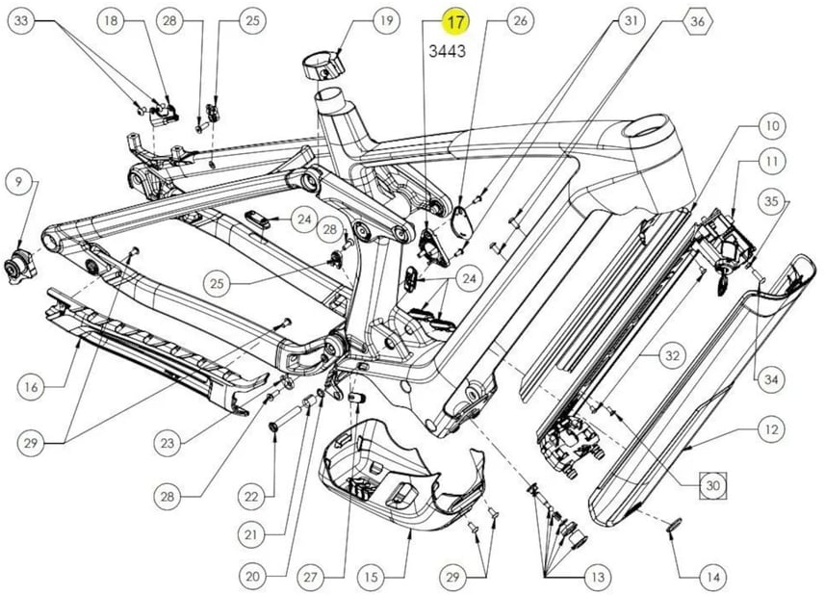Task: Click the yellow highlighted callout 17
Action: (x=455, y=22)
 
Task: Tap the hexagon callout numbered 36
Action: (x=698, y=21)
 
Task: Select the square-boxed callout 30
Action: (x=712, y=485)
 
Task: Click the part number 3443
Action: (x=448, y=51)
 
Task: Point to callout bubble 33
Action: (x=21, y=21)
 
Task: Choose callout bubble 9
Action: (x=19, y=182)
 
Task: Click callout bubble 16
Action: (x=31, y=387)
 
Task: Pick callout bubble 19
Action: (x=387, y=21)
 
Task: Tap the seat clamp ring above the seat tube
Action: (x=322, y=65)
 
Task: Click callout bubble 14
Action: (x=713, y=577)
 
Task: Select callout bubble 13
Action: (x=598, y=577)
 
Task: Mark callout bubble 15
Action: (x=371, y=577)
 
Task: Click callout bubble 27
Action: (x=310, y=577)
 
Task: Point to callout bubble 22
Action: (x=251, y=496)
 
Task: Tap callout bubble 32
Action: (x=672, y=355)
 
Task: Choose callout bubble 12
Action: (x=771, y=429)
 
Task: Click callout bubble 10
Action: (x=772, y=126)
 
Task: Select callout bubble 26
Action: (x=520, y=21)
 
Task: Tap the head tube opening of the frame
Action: (x=652, y=128)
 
